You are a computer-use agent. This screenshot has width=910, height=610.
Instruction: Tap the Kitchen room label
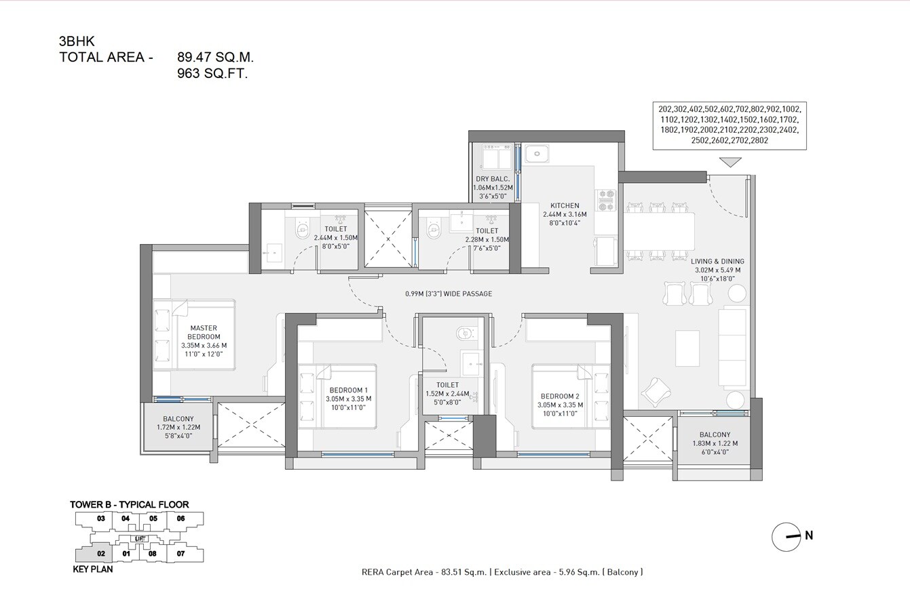pos(565,205)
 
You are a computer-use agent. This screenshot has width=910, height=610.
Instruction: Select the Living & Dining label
pos(717,261)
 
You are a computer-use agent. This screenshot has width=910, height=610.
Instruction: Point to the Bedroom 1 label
pos(348,390)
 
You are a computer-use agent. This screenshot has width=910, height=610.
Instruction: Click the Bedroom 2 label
pos(559,396)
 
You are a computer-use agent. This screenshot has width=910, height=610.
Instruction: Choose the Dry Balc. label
pos(492,179)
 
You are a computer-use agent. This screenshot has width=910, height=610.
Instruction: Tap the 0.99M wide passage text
pos(447,293)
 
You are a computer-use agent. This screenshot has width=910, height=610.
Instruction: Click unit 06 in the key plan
pos(181,518)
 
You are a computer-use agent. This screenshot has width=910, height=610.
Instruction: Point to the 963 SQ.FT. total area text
pos(212,74)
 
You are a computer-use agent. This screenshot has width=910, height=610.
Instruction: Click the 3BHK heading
pos(77,42)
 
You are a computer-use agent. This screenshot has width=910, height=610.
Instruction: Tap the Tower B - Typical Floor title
pos(129,504)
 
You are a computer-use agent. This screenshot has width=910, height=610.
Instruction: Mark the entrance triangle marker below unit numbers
pos(730,162)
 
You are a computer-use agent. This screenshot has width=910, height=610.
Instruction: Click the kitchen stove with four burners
pos(605,199)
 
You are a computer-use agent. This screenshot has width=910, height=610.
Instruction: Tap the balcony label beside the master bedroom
pos(178,419)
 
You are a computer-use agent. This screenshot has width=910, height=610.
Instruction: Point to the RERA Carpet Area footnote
pos(502,572)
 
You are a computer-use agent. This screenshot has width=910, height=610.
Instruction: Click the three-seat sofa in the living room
pos(732,347)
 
